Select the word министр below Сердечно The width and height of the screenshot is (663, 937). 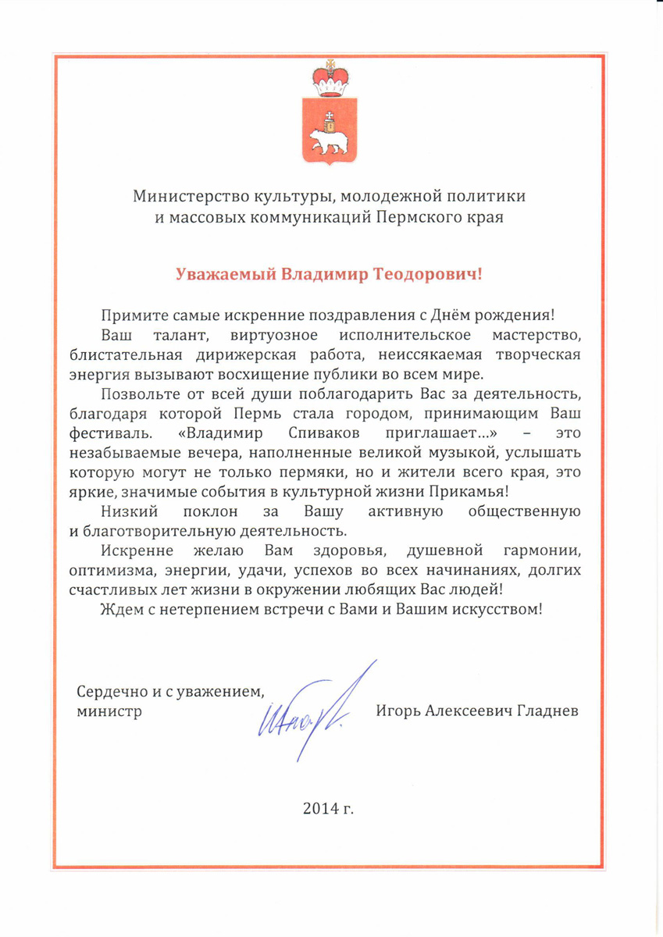tap(109, 711)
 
